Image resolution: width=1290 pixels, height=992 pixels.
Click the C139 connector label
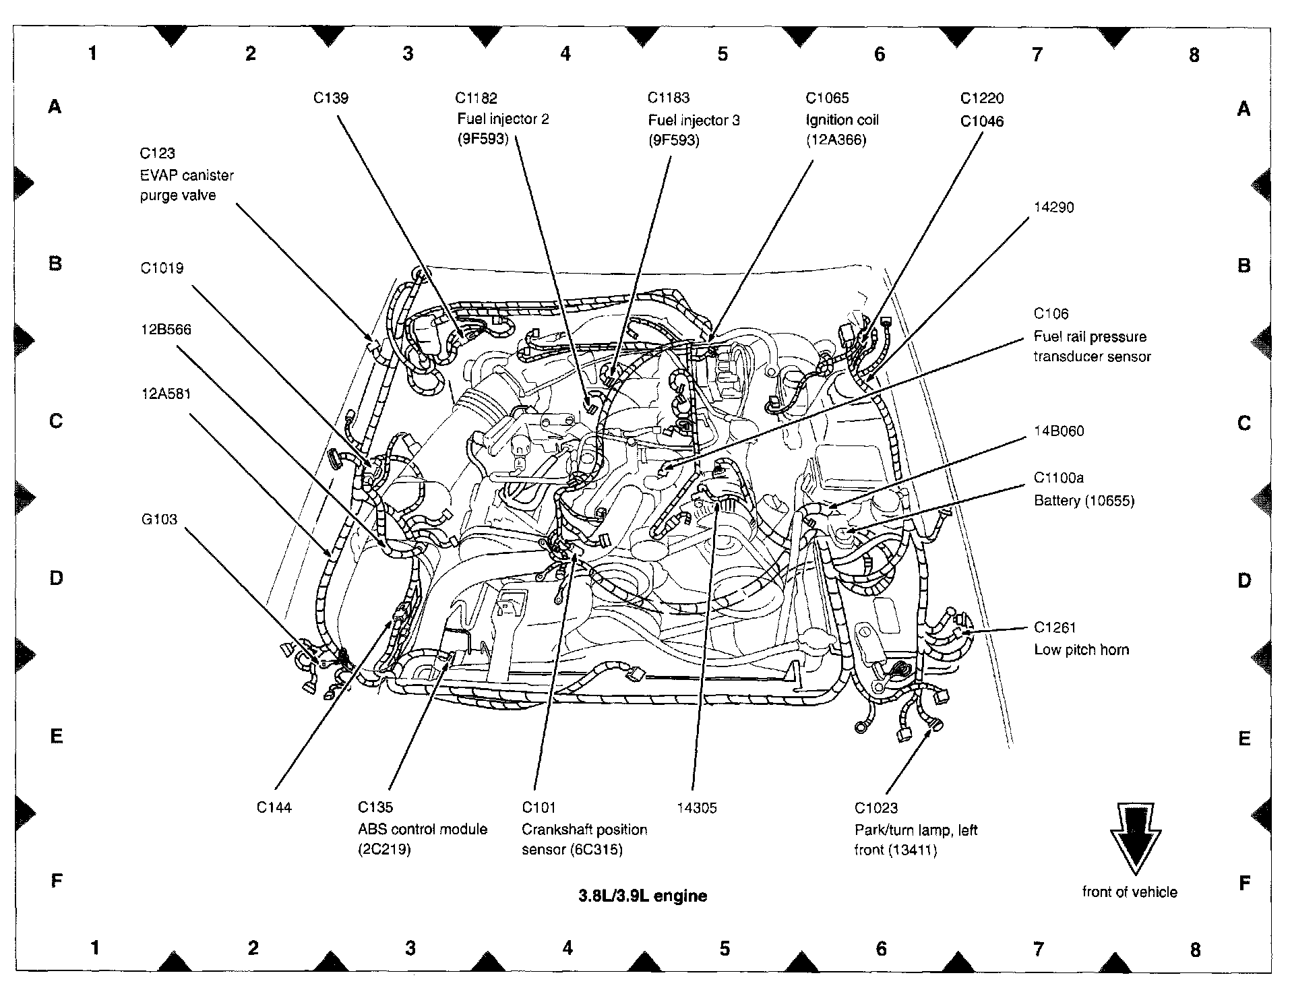[331, 98]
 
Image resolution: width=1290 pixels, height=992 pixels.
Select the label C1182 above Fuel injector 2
[476, 98]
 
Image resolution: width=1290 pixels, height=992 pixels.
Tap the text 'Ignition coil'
[842, 120]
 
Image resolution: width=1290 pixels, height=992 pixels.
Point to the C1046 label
[982, 121]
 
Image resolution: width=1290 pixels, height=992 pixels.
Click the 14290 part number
[1054, 208]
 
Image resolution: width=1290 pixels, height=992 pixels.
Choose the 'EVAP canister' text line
[187, 175]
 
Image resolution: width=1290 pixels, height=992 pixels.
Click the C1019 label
[162, 268]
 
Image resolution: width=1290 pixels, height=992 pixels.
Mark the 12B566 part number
[166, 330]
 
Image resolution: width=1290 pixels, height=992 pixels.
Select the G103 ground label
[159, 519]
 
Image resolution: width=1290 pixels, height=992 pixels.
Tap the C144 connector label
[274, 807]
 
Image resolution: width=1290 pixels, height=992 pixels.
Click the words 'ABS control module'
[423, 829]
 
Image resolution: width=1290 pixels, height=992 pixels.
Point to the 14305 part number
[697, 807]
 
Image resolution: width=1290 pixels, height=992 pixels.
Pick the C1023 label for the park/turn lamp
[876, 808]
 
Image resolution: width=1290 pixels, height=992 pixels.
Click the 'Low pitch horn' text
[1082, 650]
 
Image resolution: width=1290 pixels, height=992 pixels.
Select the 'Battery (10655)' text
[1084, 501]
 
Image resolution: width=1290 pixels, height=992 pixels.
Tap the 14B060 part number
[1059, 431]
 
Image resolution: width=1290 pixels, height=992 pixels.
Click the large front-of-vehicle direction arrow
[1135, 839]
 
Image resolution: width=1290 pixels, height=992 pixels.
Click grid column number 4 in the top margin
[565, 53]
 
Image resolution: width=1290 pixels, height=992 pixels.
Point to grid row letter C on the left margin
[56, 421]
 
